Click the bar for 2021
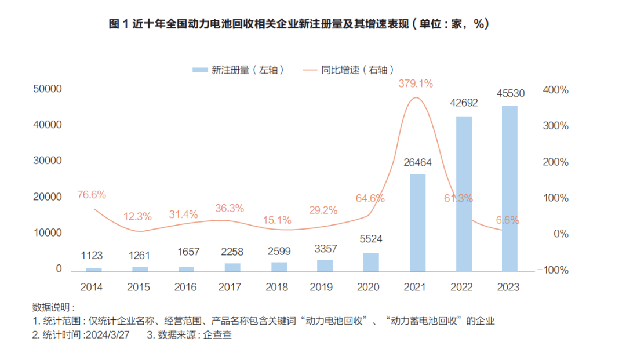[x=417, y=223]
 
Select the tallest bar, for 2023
[x=509, y=188]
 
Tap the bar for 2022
[x=463, y=194]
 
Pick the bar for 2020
[x=371, y=262]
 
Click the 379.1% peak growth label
[x=416, y=83]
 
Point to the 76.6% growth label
[x=92, y=195]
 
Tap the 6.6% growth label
[x=507, y=220]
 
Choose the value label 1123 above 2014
[x=92, y=256]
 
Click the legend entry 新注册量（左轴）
[x=239, y=70]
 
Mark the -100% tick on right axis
[x=552, y=270]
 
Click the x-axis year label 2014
[x=92, y=287]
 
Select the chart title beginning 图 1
[x=299, y=24]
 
